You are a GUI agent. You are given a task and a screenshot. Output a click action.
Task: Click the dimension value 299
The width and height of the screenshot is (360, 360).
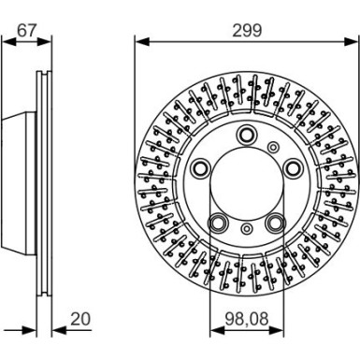click(x=248, y=29)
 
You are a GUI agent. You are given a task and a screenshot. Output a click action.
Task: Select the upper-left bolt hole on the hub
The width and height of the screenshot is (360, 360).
click(x=202, y=168)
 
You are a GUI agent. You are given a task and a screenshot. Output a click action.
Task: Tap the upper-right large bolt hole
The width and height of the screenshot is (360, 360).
click(x=292, y=167)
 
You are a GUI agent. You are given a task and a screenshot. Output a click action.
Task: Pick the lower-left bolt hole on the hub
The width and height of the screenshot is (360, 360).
click(x=218, y=223)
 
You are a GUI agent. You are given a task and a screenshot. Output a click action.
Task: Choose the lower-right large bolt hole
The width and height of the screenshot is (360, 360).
click(x=276, y=223)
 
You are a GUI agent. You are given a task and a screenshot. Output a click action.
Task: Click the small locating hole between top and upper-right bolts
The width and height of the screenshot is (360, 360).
click(x=272, y=146)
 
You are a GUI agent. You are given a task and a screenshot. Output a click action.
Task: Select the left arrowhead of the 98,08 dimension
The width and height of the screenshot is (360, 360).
click(x=213, y=331)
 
